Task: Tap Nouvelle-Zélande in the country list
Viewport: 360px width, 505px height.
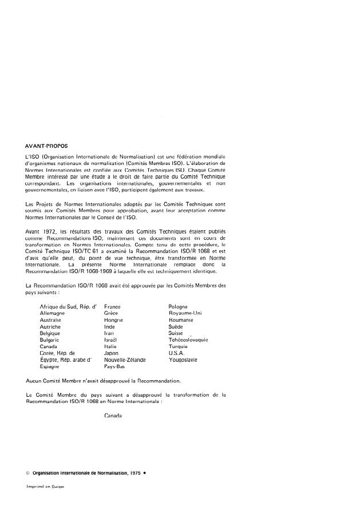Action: click(x=125, y=360)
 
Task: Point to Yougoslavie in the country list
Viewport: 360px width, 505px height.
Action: click(x=179, y=360)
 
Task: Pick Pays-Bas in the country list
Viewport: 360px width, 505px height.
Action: click(x=114, y=366)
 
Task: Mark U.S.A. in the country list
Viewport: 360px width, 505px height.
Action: click(x=171, y=353)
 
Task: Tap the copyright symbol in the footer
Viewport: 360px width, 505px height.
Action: click(x=28, y=474)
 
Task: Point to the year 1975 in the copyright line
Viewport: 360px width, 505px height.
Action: click(x=136, y=474)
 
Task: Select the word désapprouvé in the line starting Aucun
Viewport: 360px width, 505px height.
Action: click(x=112, y=380)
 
